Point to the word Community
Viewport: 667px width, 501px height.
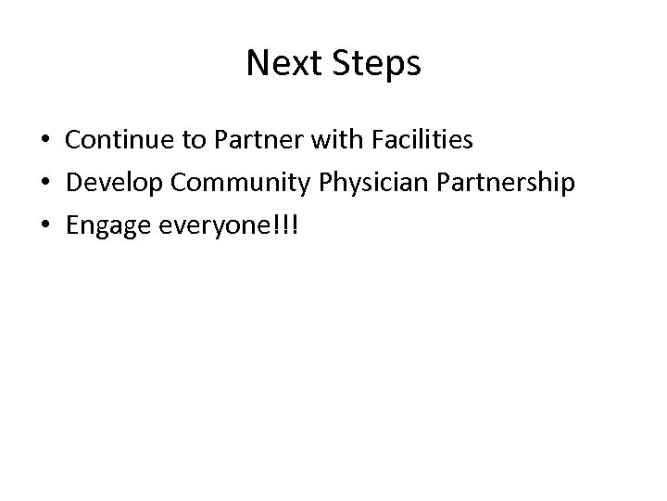(x=232, y=184)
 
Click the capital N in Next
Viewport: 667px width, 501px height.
(x=257, y=64)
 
